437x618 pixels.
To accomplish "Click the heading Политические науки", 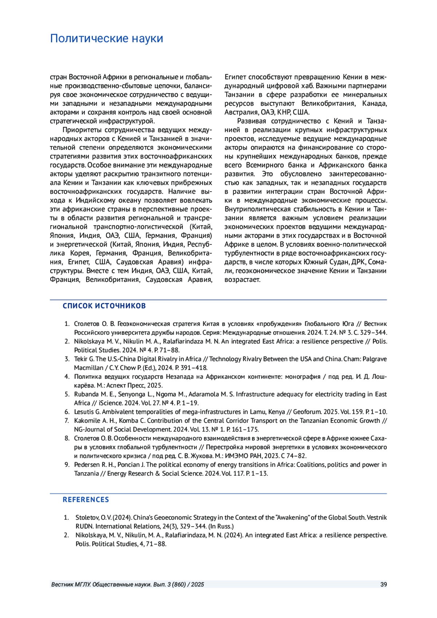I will pos(106,38).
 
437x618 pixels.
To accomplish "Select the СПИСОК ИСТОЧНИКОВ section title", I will pos(104,306).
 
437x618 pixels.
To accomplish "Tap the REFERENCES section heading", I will pos(86,500).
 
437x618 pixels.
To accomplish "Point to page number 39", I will pos(383,584).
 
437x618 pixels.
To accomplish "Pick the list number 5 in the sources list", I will pos(67,394).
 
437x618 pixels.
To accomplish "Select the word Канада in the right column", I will pos(374,103).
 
